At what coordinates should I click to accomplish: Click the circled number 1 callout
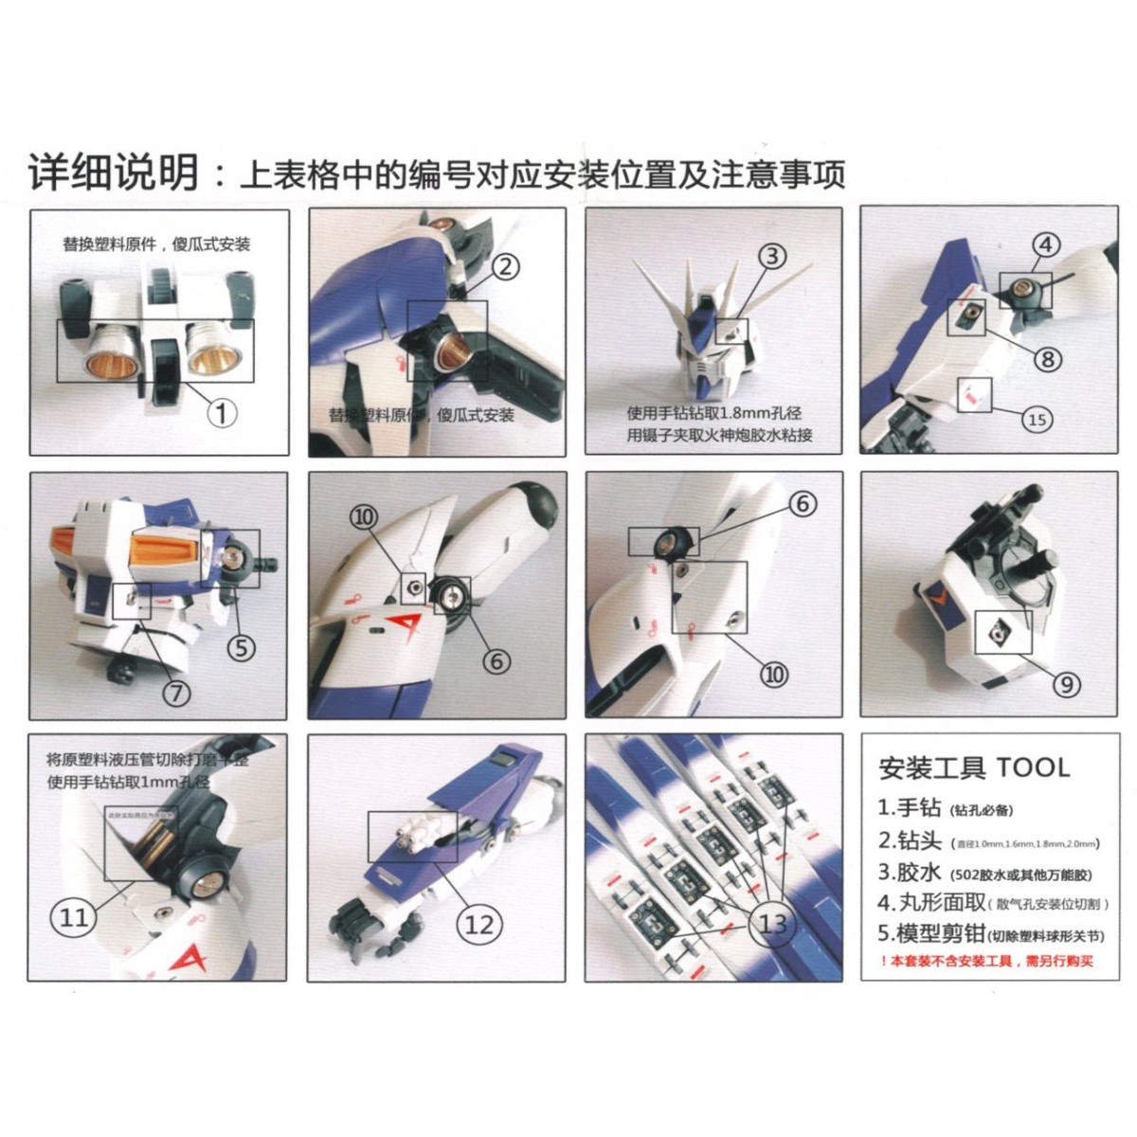point(221,414)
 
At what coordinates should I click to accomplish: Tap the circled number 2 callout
point(505,266)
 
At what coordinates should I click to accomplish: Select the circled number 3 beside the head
point(772,256)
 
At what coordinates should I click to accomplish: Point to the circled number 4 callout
point(1046,244)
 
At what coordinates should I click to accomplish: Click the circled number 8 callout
point(1048,359)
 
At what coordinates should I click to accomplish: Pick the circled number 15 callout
point(1038,419)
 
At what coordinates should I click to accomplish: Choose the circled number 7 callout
point(177,694)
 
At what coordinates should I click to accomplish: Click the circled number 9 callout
point(1067,684)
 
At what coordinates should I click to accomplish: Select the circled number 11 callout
point(74,917)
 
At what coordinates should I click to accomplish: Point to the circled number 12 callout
point(479,924)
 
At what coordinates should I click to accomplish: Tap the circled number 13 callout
point(773,923)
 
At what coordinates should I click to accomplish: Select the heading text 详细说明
point(113,173)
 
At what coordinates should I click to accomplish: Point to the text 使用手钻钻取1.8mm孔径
point(713,413)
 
